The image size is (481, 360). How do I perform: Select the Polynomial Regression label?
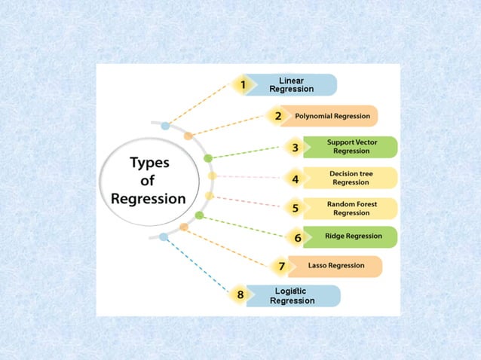tap(332, 116)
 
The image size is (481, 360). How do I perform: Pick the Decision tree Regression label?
tap(351, 178)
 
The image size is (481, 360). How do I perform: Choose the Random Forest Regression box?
tap(351, 208)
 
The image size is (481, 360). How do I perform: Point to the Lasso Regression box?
tap(336, 266)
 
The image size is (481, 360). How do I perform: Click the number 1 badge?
tap(243, 85)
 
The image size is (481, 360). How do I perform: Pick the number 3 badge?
tap(296, 148)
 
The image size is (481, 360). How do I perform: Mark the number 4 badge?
tap(296, 179)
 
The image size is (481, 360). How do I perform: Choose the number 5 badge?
tap(296, 208)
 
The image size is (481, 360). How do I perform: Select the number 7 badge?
tap(281, 266)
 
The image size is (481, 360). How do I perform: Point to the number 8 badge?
tap(240, 294)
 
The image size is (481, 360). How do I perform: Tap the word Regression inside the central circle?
tap(149, 199)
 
